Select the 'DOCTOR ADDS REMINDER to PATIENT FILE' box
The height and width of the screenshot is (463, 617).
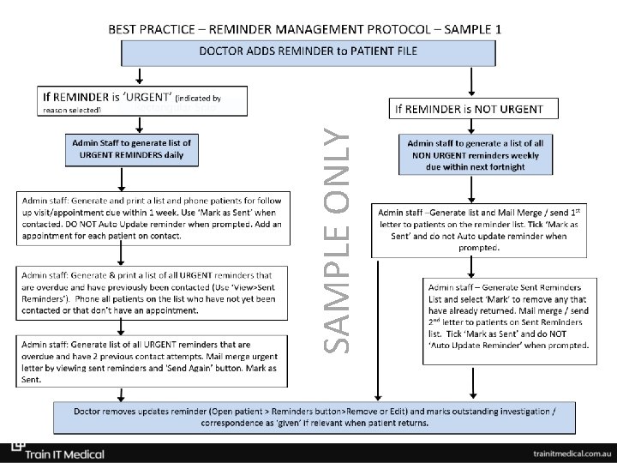click(308, 52)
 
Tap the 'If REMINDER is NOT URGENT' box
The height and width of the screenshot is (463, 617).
click(474, 109)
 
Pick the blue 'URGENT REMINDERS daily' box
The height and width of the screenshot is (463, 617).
click(132, 149)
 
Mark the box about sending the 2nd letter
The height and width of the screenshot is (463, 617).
click(508, 315)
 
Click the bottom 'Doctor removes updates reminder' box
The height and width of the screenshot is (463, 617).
click(314, 417)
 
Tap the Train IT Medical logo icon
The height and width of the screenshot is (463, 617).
click(17, 448)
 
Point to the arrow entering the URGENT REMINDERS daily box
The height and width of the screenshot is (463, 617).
click(129, 124)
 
